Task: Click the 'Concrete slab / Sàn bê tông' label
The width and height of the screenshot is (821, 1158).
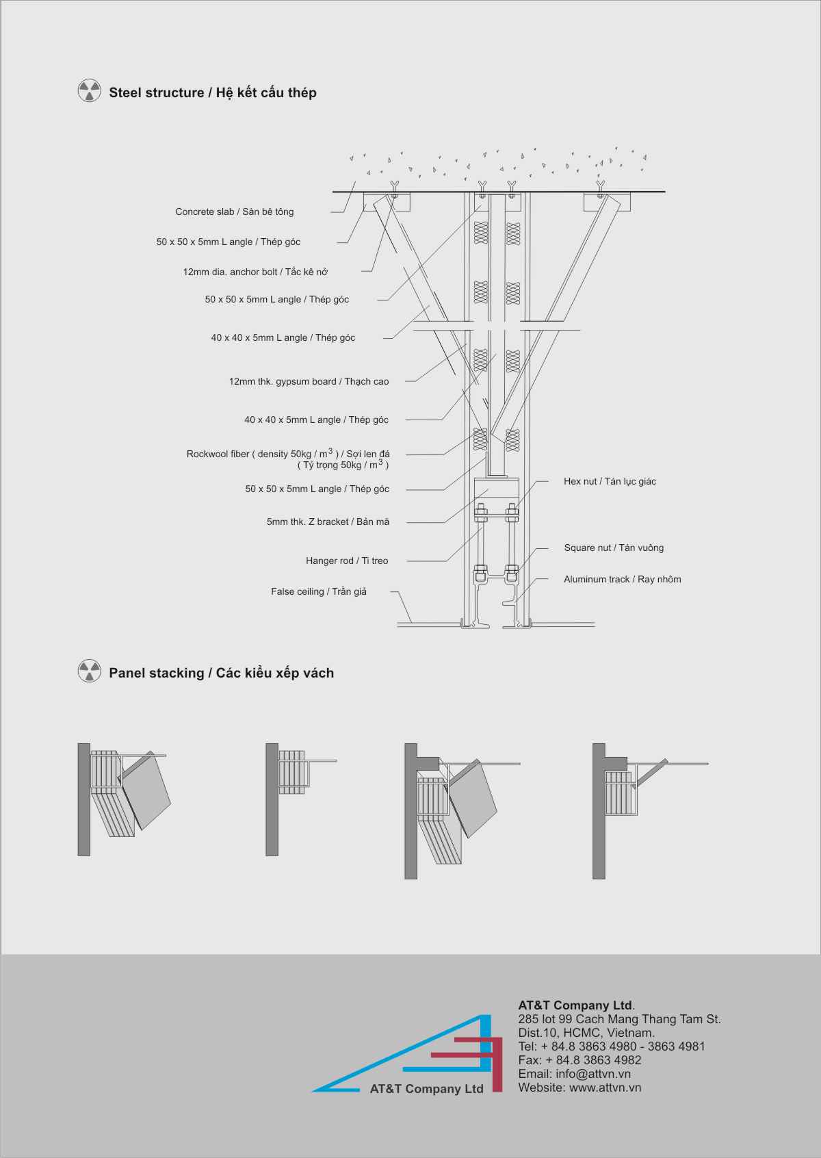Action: coord(235,212)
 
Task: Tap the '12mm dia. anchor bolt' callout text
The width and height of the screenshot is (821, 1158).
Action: coord(255,272)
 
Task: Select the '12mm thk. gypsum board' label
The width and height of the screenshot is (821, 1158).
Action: coord(309,381)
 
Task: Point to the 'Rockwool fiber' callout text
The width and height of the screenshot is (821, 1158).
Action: coord(288,459)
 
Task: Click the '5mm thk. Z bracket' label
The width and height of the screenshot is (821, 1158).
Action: coord(328,522)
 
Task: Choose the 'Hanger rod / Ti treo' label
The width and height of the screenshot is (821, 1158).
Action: coord(347,561)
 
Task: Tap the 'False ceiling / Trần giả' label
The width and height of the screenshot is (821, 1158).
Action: coord(319,591)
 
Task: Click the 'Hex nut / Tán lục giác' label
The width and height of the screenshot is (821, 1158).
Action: coord(610,481)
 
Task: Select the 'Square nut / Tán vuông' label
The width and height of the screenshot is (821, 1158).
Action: coord(614,548)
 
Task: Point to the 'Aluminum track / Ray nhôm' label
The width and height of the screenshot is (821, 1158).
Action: coord(622,579)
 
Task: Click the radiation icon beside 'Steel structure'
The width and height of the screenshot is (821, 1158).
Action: coord(90,90)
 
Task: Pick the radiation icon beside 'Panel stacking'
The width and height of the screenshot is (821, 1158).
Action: coord(90,671)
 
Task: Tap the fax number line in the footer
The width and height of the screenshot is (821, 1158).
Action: coord(579,1059)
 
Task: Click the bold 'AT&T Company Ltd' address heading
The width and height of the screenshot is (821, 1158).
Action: coord(576,1005)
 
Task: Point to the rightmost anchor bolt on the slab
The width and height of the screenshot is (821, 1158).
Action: coord(600,190)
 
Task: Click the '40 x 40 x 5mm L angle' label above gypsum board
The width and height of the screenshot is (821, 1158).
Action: coord(283,337)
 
